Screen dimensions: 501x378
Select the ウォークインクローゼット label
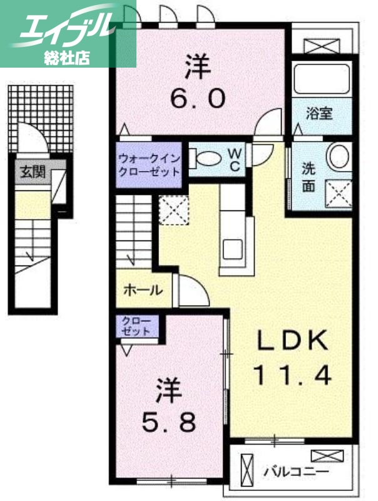point(150,165)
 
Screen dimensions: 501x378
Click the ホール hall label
point(143,290)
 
